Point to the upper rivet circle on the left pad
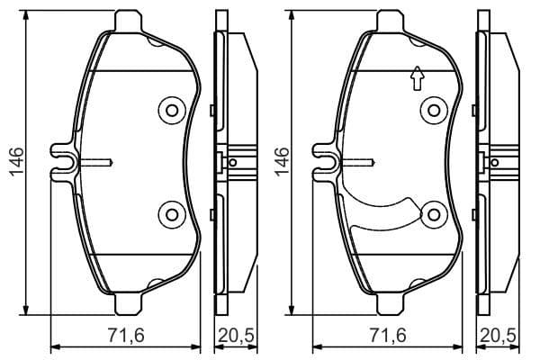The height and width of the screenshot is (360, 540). [169, 111]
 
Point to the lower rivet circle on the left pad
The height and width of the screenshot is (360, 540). [169, 213]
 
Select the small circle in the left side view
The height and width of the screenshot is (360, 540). [233, 163]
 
